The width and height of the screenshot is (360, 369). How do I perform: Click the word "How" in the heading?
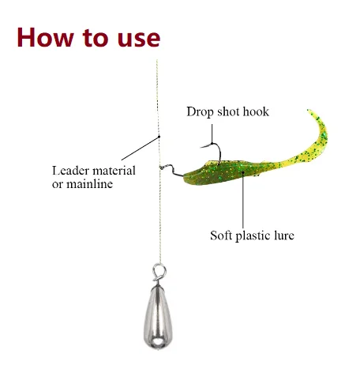(45, 37)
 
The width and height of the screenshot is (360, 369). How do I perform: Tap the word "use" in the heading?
(139, 40)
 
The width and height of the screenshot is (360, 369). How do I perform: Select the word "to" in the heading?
(96, 38)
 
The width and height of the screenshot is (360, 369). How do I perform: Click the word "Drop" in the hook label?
(200, 112)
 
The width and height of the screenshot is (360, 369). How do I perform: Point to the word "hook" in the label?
(256, 111)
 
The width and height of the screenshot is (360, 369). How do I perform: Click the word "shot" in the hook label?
(228, 111)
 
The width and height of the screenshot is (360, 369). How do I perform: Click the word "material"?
(114, 171)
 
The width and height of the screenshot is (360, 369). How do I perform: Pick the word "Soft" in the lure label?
(221, 235)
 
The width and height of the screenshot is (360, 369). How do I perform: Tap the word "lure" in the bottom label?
(284, 235)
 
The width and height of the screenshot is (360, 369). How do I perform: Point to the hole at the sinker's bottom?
(158, 342)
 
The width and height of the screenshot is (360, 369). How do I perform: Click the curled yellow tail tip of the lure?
(311, 111)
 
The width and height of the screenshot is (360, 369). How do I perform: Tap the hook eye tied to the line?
(162, 168)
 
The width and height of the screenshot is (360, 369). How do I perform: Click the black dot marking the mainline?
(159, 137)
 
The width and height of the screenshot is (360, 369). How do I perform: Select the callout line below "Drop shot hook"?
(212, 134)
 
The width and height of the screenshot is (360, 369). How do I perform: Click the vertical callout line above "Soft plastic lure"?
(243, 201)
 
